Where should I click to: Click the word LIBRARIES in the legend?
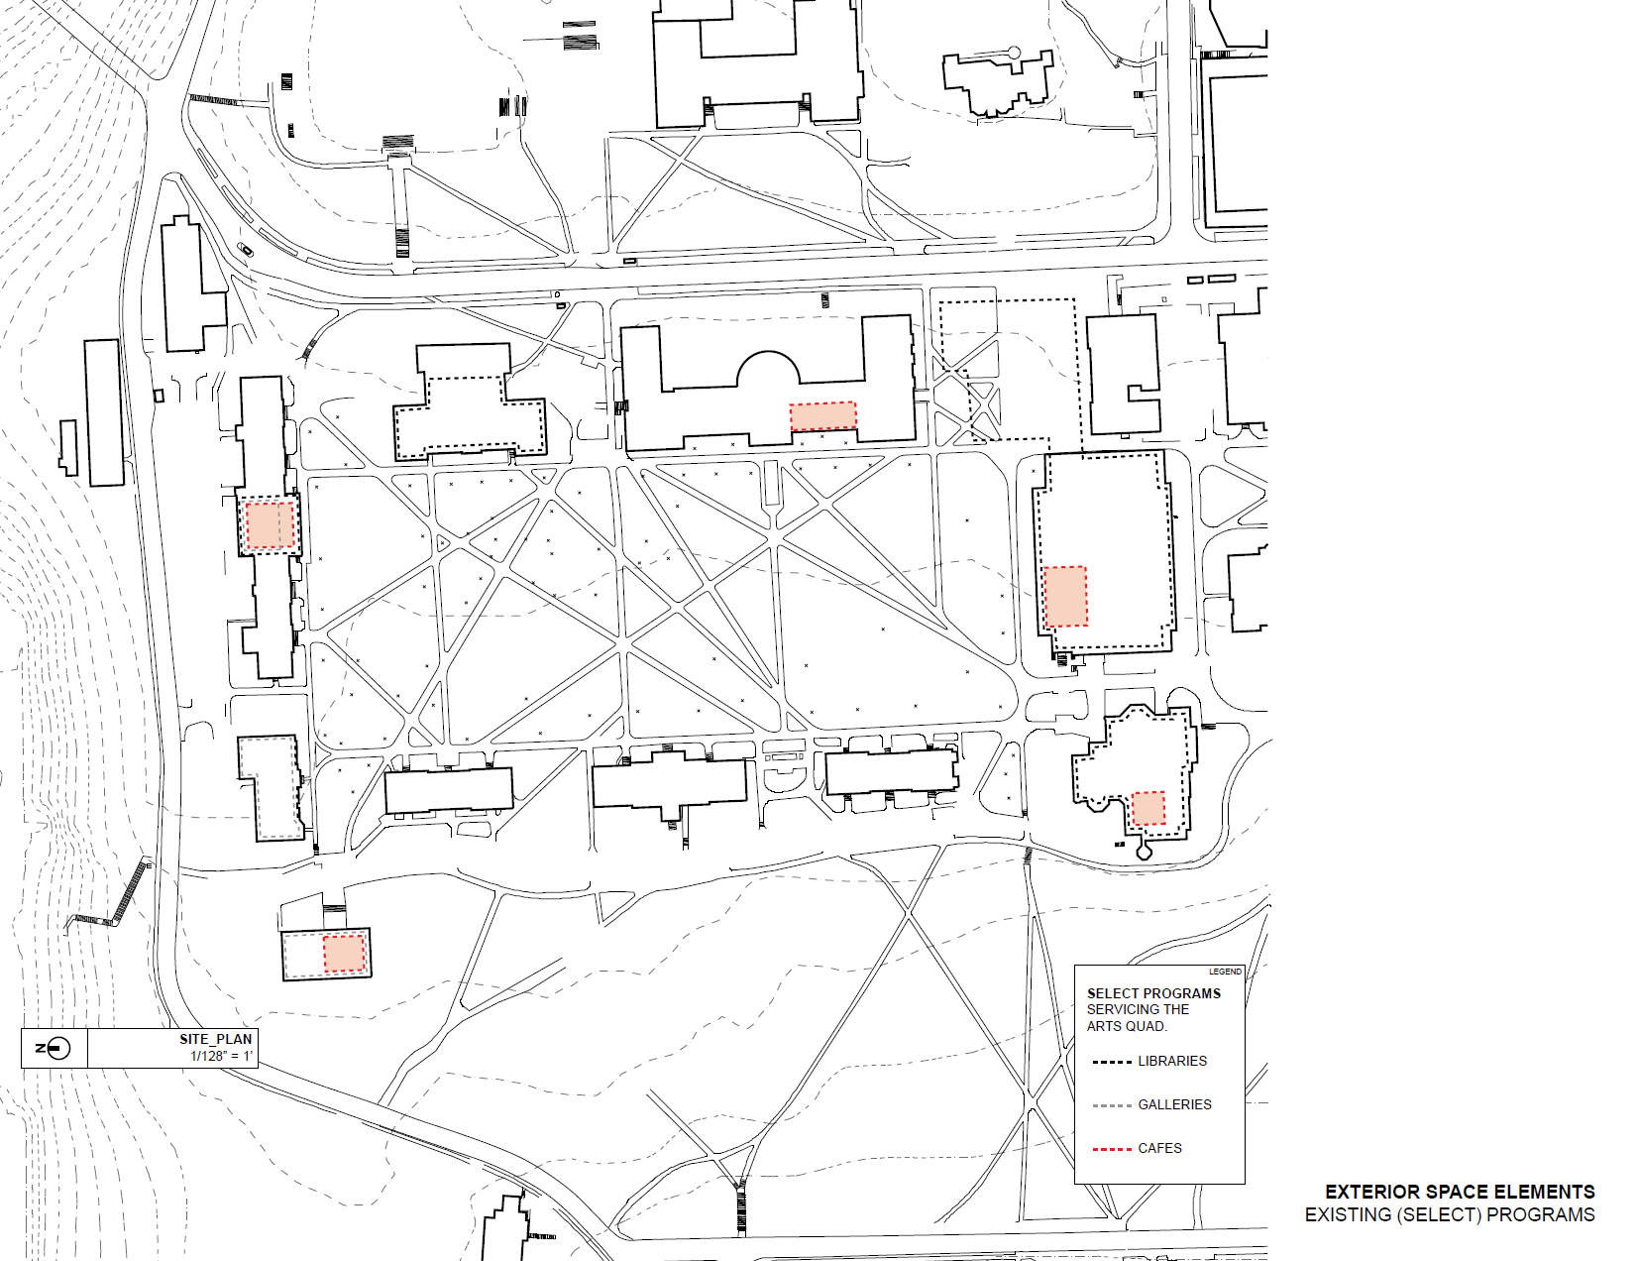pyautogui.click(x=1172, y=1061)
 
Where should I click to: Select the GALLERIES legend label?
pyautogui.click(x=1174, y=1104)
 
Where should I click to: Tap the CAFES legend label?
pyautogui.click(x=1159, y=1148)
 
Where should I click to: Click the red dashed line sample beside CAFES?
pyautogui.click(x=1112, y=1149)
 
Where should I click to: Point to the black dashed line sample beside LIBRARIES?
pyautogui.click(x=1112, y=1062)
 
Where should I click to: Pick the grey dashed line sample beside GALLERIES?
pyautogui.click(x=1112, y=1105)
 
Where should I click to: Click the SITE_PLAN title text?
pyautogui.click(x=215, y=1039)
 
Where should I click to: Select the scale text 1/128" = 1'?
pyautogui.click(x=221, y=1056)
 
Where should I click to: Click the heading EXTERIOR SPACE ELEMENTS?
pyautogui.click(x=1460, y=1192)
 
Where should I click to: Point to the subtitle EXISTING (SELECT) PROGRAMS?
pyautogui.click(x=1449, y=1214)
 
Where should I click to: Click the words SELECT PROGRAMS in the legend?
pyautogui.click(x=1153, y=993)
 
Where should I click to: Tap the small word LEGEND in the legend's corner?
pyautogui.click(x=1225, y=972)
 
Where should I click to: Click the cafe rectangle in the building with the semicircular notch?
pyautogui.click(x=822, y=416)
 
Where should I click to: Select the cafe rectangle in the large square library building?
pyautogui.click(x=1065, y=596)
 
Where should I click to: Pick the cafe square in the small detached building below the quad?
pyautogui.click(x=344, y=954)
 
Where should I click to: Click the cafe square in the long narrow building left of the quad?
pyautogui.click(x=270, y=525)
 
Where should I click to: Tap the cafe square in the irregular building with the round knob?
pyautogui.click(x=1147, y=808)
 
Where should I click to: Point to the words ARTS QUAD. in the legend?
pyautogui.click(x=1127, y=1026)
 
